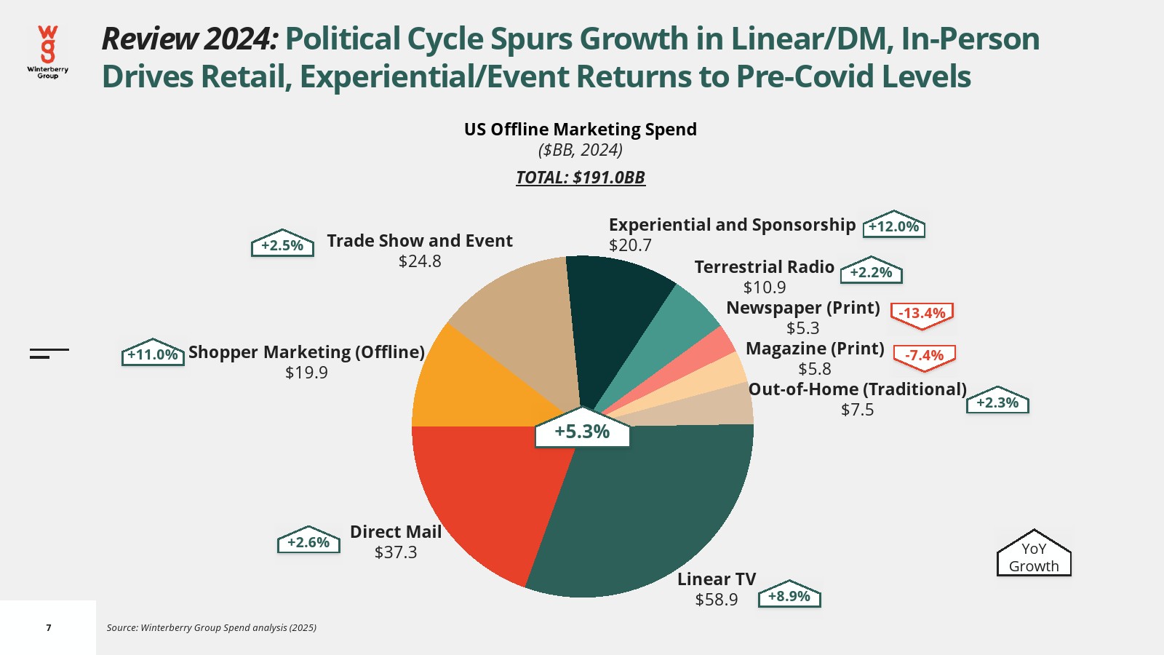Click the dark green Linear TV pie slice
647,509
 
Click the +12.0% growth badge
893,226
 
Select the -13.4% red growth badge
922,314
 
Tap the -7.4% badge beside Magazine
924,355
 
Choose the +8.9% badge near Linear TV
789,596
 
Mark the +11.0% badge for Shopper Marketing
153,354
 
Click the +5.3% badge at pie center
582,432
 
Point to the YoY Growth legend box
1034,556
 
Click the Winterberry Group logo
48,52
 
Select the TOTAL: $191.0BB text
581,178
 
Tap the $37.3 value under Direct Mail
396,552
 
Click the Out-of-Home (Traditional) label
857,389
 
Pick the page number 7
49,627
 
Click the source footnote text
212,627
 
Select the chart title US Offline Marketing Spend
581,130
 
